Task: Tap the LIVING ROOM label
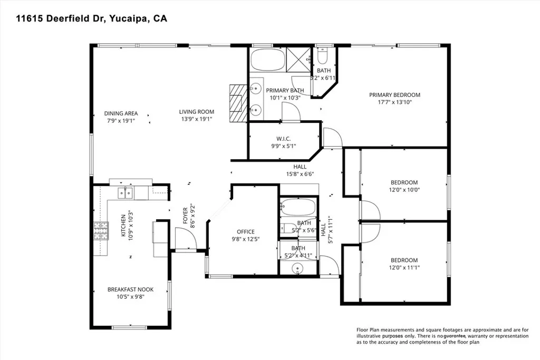[x=196, y=111]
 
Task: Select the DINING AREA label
[x=121, y=113]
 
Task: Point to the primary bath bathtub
[x=267, y=60]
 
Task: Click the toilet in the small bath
[x=324, y=56]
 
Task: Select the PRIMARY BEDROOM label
[x=394, y=95]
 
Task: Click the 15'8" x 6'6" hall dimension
[x=300, y=173]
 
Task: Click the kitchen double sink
[x=126, y=193]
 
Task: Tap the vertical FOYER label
[x=186, y=216]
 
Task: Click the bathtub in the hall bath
[x=297, y=207]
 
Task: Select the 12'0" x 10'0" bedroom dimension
[x=404, y=190]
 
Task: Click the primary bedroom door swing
[x=333, y=139]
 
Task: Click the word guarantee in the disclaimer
[x=458, y=336]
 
